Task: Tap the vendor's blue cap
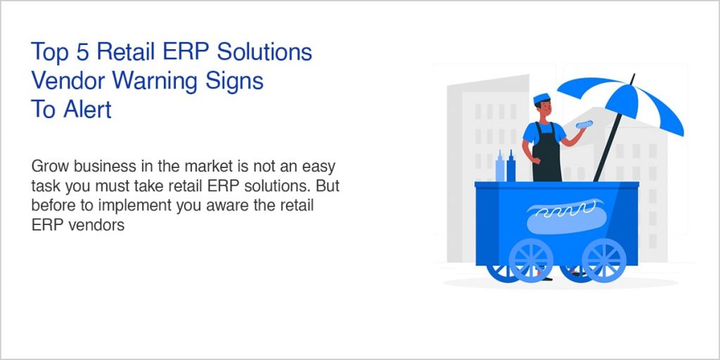click(x=541, y=97)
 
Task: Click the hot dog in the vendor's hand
click(x=584, y=124)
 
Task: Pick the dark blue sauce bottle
click(x=511, y=166)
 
